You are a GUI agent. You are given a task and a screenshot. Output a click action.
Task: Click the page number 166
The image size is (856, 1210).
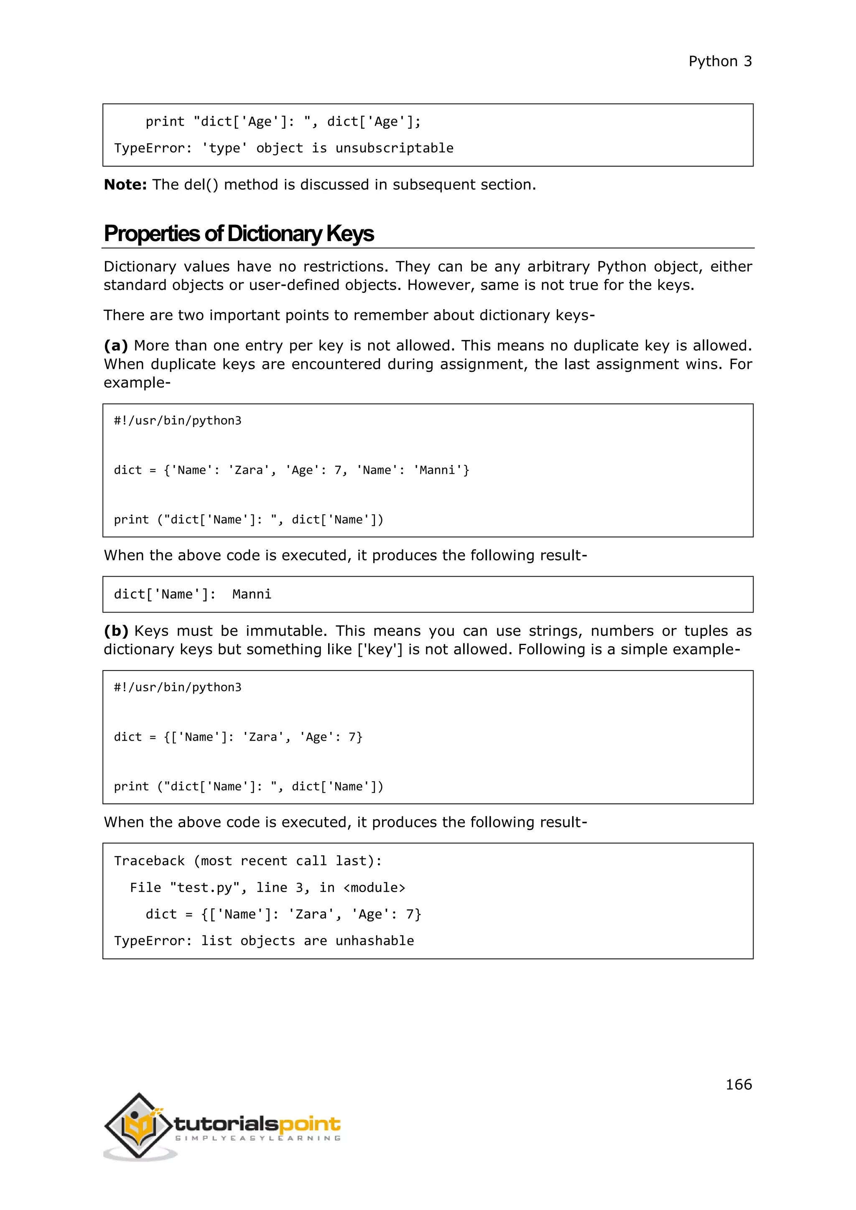tap(739, 1084)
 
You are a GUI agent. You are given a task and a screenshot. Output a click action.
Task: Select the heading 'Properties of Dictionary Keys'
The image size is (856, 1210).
tap(238, 234)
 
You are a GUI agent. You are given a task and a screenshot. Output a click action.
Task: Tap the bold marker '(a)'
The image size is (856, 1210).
tap(115, 346)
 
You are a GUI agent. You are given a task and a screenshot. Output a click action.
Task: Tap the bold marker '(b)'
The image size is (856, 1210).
tap(116, 631)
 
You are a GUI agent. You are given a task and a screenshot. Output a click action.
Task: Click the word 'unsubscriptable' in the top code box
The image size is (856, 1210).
tap(394, 148)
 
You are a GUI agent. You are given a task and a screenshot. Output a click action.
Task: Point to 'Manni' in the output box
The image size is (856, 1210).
tap(252, 595)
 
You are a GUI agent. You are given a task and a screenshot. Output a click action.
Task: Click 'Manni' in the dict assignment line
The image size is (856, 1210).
tap(437, 470)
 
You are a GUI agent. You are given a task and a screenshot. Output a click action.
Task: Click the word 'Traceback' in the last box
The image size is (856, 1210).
tap(149, 861)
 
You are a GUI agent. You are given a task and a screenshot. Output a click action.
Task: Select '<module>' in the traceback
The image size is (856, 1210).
tap(374, 887)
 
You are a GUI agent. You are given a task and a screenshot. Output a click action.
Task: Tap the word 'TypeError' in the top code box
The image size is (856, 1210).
tap(149, 148)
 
